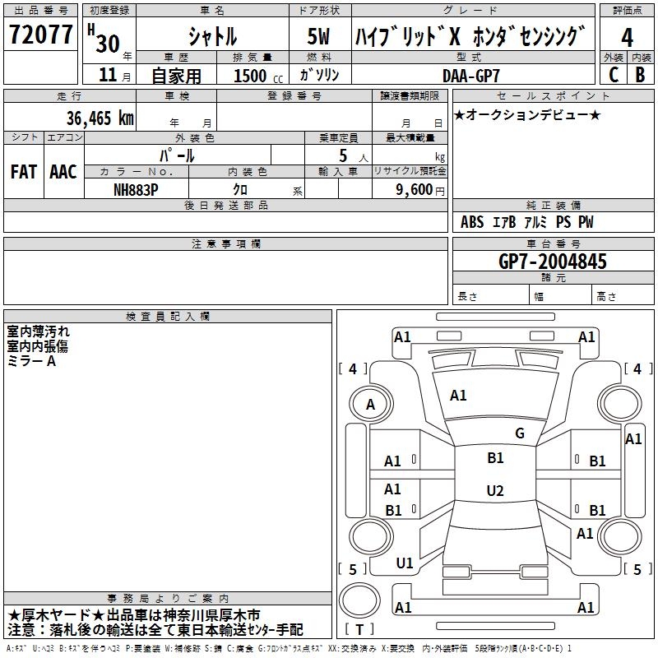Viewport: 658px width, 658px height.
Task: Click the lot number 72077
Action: tap(41, 35)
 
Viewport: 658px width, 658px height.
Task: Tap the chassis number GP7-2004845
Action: tap(553, 262)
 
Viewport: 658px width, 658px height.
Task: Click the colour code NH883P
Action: tap(136, 188)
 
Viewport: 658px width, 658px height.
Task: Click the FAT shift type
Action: tap(23, 171)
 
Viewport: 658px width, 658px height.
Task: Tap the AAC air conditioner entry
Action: tap(63, 171)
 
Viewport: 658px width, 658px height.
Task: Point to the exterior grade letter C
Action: tap(613, 75)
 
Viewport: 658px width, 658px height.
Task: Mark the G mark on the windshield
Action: tap(520, 433)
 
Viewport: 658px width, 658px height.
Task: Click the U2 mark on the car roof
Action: tap(495, 491)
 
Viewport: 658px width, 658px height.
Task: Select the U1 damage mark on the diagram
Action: tap(405, 563)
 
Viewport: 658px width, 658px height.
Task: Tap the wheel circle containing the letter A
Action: tap(370, 404)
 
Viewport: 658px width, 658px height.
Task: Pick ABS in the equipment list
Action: tap(472, 222)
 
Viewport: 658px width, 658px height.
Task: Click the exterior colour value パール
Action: tap(178, 155)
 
